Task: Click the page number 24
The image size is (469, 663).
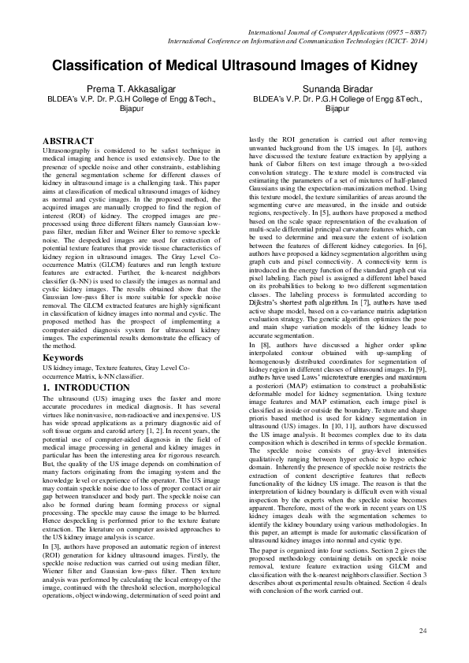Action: tap(422, 631)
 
